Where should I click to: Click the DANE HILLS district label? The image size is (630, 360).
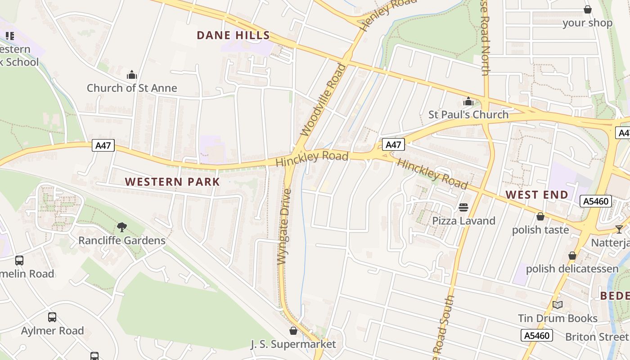tap(233, 36)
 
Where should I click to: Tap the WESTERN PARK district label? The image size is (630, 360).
tap(172, 182)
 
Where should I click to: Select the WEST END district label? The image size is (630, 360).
tap(537, 195)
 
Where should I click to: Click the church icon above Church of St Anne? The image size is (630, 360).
tap(132, 75)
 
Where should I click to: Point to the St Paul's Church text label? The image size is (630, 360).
tap(468, 115)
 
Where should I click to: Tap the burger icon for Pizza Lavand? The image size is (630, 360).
tap(463, 207)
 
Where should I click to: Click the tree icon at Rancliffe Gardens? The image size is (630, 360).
tap(121, 227)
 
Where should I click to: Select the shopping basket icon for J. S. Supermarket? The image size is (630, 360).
tap(293, 331)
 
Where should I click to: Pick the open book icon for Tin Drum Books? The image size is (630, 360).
tap(558, 305)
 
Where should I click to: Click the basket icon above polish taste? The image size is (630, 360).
tap(540, 216)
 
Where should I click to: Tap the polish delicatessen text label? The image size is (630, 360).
tap(572, 269)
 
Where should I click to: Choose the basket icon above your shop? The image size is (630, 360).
tap(587, 9)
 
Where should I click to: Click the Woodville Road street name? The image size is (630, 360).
tap(324, 100)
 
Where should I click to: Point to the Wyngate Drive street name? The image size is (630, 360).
tap(284, 227)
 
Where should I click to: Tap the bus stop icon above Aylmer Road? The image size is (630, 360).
tap(52, 317)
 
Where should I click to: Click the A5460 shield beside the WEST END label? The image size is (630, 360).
tap(596, 201)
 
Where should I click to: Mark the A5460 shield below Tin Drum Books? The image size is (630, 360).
tap(536, 335)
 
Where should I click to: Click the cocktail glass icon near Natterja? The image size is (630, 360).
tap(619, 229)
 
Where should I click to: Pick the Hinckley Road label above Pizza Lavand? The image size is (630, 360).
tap(432, 174)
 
